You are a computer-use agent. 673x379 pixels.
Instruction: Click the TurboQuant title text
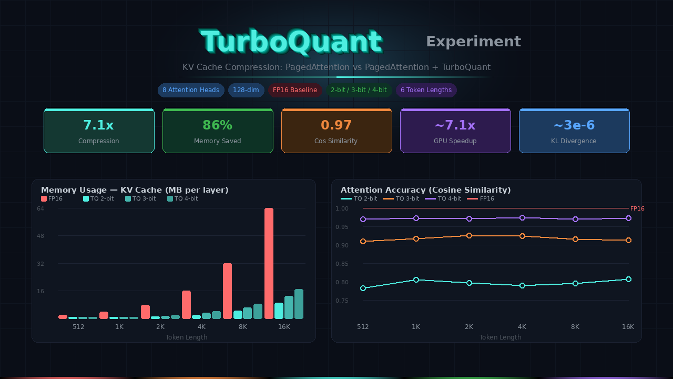pyautogui.click(x=291, y=42)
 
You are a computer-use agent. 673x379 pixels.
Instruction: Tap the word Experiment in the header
pyautogui.click(x=473, y=42)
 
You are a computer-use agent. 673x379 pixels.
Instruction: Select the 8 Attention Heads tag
pyautogui.click(x=191, y=90)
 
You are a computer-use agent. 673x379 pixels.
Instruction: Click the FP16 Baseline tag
pyautogui.click(x=295, y=90)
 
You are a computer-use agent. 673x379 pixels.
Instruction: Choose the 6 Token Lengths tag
pyautogui.click(x=426, y=90)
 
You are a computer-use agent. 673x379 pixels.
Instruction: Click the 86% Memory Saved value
pyautogui.click(x=217, y=125)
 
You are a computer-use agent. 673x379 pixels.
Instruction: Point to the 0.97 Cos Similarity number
pyautogui.click(x=336, y=125)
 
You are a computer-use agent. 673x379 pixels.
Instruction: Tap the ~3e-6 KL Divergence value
pyautogui.click(x=574, y=125)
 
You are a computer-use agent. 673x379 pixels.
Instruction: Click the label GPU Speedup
pyautogui.click(x=455, y=141)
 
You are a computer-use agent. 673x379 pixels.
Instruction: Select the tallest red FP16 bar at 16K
pyautogui.click(x=269, y=263)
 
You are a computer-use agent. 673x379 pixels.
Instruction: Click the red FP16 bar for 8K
pyautogui.click(x=227, y=291)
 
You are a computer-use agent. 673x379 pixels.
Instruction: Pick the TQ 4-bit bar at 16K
pyautogui.click(x=299, y=304)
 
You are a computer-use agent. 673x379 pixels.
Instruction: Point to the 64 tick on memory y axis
pyautogui.click(x=40, y=208)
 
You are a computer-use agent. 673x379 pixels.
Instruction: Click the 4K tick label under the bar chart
pyautogui.click(x=201, y=327)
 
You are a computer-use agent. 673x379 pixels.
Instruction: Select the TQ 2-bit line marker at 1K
pyautogui.click(x=416, y=280)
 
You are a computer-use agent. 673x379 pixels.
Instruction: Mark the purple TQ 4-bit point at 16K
pyautogui.click(x=628, y=218)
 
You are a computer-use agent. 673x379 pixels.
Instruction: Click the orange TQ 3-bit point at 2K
pyautogui.click(x=469, y=236)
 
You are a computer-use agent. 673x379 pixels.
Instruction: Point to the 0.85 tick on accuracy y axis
pyautogui.click(x=342, y=264)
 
